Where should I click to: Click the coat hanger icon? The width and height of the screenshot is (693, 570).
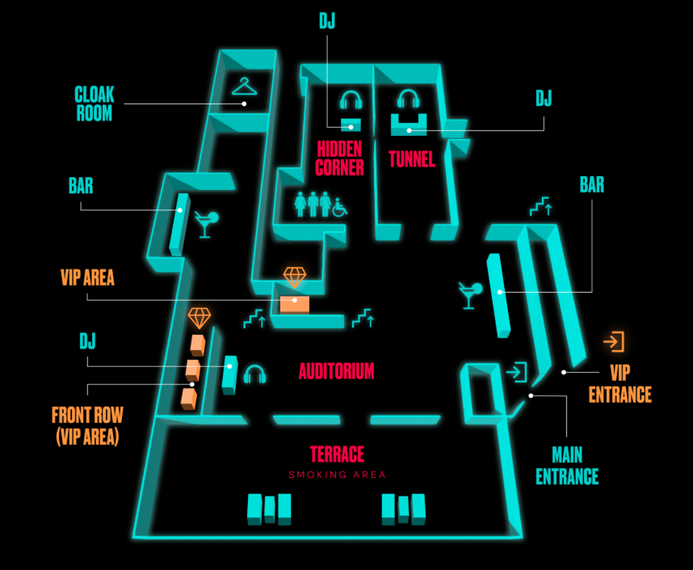tap(244, 86)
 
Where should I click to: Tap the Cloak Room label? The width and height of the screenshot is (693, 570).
tap(94, 103)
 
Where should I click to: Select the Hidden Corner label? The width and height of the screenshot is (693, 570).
tap(339, 158)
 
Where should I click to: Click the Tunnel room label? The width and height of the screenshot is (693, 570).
tap(411, 158)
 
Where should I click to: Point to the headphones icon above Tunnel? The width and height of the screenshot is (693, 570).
tap(409, 99)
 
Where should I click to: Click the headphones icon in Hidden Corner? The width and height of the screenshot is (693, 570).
tap(351, 100)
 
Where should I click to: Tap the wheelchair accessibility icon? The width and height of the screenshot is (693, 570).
tap(339, 208)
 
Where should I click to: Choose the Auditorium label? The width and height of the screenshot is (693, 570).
tap(336, 371)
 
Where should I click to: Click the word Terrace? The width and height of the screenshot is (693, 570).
tap(337, 454)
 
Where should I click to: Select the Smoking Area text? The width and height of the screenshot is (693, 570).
tap(337, 475)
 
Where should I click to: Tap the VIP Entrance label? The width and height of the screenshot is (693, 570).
tap(619, 384)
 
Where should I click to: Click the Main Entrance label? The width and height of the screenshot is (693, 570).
tap(566, 466)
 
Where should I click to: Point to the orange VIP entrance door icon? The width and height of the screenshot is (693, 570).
tap(614, 342)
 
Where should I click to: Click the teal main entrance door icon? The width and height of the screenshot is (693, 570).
tap(516, 372)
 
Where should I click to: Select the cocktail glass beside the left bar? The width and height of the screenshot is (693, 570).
tap(206, 224)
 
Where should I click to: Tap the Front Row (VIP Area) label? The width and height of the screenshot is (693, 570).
tap(87, 425)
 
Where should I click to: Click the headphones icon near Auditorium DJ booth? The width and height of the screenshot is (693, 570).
tap(255, 374)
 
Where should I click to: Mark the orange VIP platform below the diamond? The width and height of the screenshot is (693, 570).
tap(294, 304)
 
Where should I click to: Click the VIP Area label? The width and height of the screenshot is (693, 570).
tap(87, 278)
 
